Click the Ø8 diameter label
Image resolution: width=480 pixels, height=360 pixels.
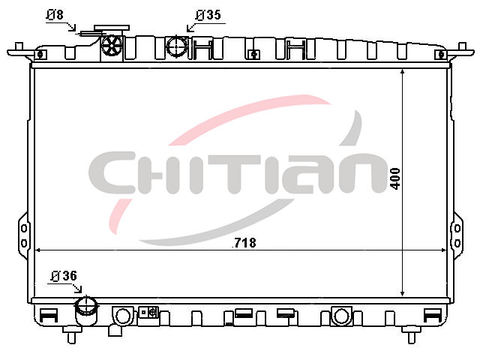tap(55, 14)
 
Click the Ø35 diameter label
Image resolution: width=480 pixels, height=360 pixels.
tap(208, 15)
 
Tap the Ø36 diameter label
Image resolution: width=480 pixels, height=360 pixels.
tap(64, 276)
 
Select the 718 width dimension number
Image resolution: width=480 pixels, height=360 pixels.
tap(245, 243)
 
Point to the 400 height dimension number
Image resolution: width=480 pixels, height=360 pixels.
tap(395, 178)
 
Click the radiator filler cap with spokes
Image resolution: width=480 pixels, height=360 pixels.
tap(112, 46)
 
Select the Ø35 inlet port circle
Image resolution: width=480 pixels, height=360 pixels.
tap(177, 46)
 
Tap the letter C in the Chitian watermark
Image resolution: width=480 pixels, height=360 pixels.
tap(112, 172)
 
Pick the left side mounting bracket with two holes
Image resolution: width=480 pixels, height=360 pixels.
tap(23, 235)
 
